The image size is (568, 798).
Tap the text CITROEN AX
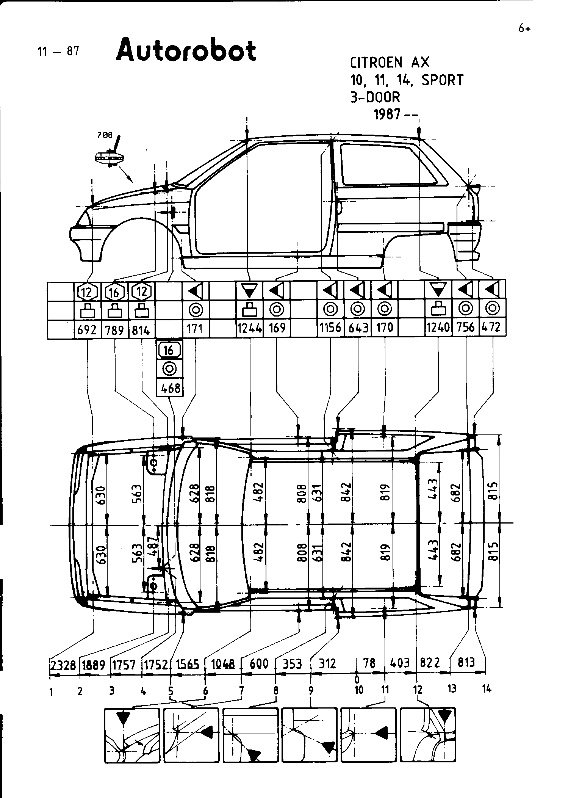coord(390,63)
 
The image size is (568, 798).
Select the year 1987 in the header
coord(387,114)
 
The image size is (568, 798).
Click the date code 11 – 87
coord(58,51)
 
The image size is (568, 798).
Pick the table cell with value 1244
coord(249,328)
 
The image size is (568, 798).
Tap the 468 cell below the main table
coord(169,388)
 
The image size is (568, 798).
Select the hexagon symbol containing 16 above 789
coord(114,292)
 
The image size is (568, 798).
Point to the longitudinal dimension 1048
coord(223,664)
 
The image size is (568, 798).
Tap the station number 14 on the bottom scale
coord(487,688)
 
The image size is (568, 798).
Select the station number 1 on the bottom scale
coord(51,692)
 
